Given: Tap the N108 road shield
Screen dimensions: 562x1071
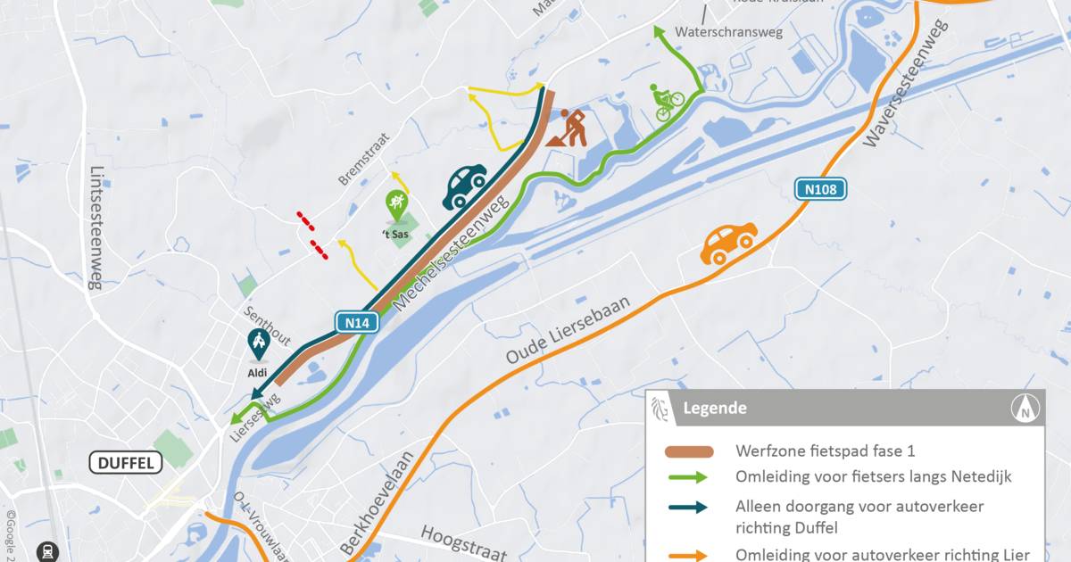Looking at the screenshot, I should pos(821,189).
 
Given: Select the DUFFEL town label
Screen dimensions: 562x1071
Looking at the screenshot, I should pos(126,462).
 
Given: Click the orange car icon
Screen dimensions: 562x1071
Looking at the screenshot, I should pos(728,243).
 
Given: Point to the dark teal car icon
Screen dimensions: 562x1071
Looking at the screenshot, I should pos(465,186).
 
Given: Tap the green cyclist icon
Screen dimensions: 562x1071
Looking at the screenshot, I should pos(666,103).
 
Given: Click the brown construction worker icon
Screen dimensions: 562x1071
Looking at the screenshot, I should pos(567,128).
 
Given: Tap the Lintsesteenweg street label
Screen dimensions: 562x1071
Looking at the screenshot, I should pos(98,228).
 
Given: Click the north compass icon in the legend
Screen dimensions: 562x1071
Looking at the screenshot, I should pos(1025,409).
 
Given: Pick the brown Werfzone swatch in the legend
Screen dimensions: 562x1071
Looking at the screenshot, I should pos(689,450).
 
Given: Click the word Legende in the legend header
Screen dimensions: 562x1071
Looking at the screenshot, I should pos(715,409).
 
